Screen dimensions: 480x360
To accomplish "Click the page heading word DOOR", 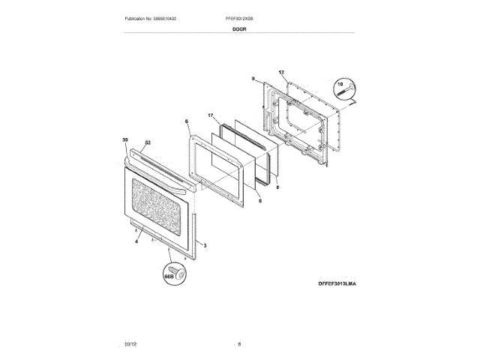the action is pyautogui.click(x=239, y=28).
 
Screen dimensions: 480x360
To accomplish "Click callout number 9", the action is pyautogui.click(x=253, y=78).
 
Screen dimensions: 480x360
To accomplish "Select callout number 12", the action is pyautogui.click(x=282, y=72).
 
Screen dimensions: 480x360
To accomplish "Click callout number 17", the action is pyautogui.click(x=211, y=115).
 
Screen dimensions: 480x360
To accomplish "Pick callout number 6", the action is pyautogui.click(x=186, y=121).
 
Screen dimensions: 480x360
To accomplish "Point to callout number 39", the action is pyautogui.click(x=125, y=140).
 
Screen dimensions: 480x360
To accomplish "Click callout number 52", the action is pyautogui.click(x=148, y=142).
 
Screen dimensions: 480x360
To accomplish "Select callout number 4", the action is pyautogui.click(x=138, y=241).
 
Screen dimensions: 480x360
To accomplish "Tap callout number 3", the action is pyautogui.click(x=205, y=245).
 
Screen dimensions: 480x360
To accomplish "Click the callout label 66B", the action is pyautogui.click(x=169, y=277).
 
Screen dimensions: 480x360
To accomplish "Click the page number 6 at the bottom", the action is pyautogui.click(x=239, y=343).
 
